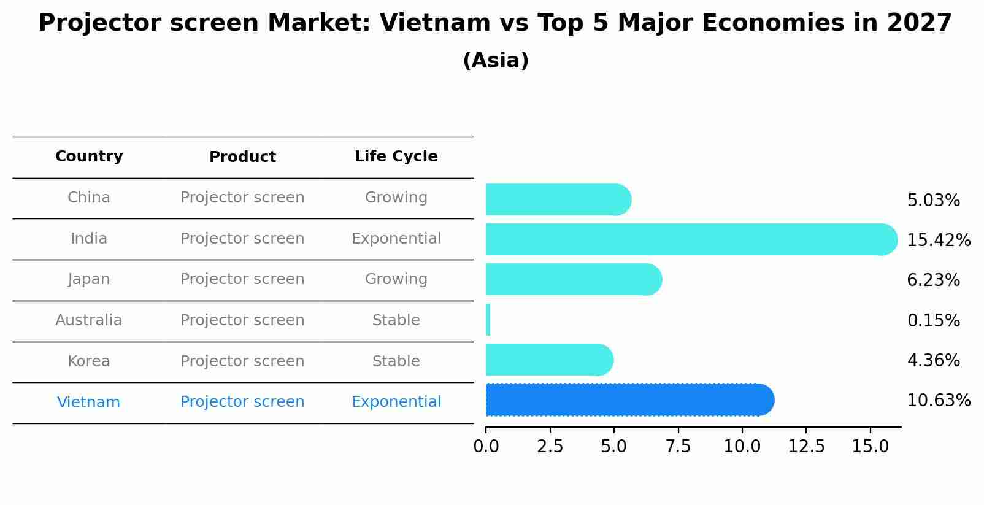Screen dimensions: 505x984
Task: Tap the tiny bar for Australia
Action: pos(488,320)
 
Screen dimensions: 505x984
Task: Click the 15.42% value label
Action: pos(938,241)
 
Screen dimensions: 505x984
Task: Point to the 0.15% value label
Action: pos(933,321)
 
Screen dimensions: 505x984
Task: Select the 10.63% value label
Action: pos(938,401)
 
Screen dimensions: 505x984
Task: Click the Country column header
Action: pos(89,156)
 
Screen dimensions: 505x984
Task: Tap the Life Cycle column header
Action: pos(396,156)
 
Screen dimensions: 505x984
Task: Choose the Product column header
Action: pos(242,157)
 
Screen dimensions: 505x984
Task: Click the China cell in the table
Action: pos(89,198)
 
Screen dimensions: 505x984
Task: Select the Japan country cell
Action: pos(89,279)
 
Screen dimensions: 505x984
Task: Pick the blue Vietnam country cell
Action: pos(89,403)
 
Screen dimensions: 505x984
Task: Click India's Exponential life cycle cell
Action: pos(396,239)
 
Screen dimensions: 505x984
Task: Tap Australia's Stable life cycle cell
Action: pos(396,320)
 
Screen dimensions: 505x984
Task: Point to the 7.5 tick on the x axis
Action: pos(678,447)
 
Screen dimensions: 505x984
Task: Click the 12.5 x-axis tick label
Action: pos(806,447)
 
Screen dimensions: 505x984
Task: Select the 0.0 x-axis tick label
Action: pos(486,447)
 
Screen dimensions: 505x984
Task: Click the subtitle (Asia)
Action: pos(496,61)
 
